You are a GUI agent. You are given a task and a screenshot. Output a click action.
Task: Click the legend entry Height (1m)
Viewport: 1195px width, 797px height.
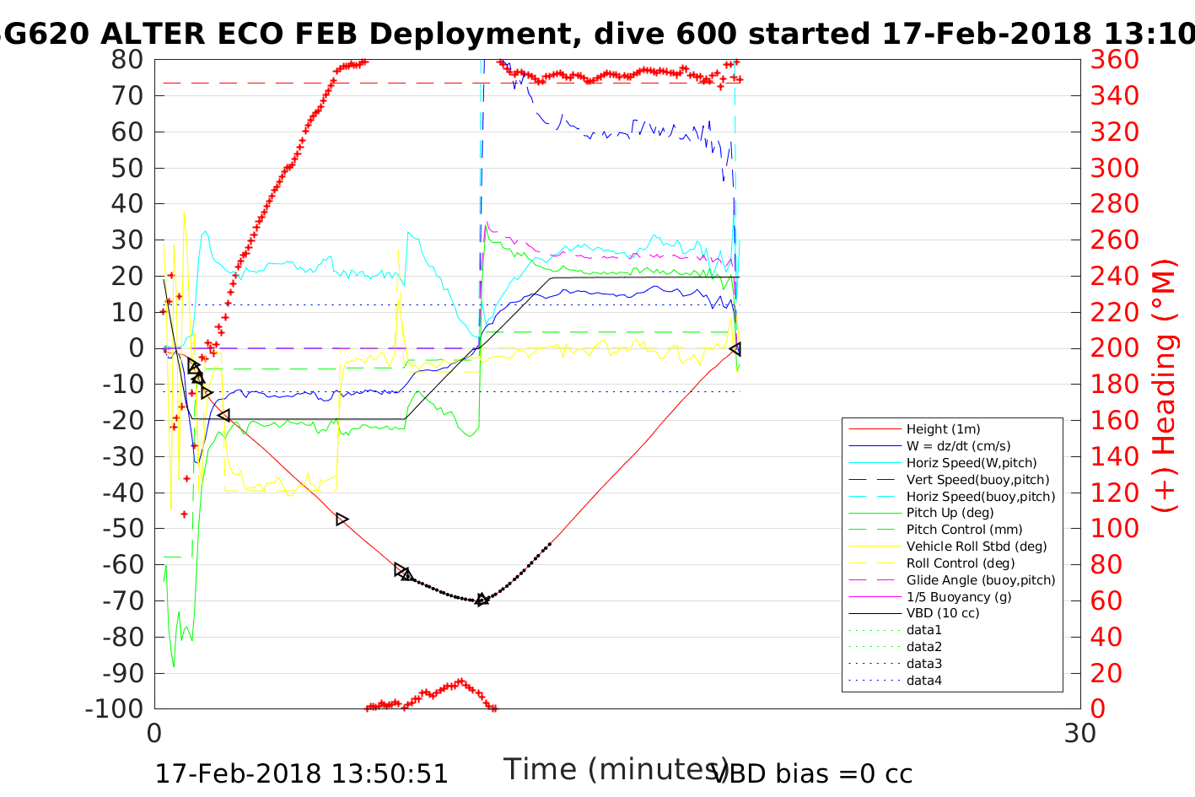pyautogui.click(x=943, y=429)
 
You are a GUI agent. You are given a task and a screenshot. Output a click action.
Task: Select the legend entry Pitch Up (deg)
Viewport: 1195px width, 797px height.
pyautogui.click(x=950, y=513)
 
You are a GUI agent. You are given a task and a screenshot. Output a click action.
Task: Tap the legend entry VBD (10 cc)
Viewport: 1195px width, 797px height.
pyautogui.click(x=943, y=613)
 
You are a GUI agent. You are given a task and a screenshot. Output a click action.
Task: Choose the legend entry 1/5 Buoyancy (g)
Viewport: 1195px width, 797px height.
pyautogui.click(x=959, y=596)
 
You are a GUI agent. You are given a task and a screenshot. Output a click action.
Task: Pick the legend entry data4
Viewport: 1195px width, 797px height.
pyautogui.click(x=923, y=681)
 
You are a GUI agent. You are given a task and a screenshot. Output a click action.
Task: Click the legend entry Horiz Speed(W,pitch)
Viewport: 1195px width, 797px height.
pyautogui.click(x=972, y=463)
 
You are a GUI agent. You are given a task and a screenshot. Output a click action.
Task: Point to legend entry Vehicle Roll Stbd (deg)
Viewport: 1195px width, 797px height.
pyautogui.click(x=977, y=547)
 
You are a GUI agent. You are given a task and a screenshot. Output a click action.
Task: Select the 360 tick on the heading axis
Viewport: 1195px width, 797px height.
pyautogui.click(x=1114, y=60)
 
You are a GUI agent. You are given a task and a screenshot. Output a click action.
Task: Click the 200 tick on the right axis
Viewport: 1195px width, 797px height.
pyautogui.click(x=1114, y=348)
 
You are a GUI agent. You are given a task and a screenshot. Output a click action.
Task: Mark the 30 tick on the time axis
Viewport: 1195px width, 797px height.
pyautogui.click(x=1080, y=733)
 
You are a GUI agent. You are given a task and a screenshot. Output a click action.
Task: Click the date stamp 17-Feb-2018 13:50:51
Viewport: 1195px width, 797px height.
pyautogui.click(x=301, y=773)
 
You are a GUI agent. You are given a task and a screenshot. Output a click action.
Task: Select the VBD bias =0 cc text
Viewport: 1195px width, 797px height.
pyautogui.click(x=813, y=773)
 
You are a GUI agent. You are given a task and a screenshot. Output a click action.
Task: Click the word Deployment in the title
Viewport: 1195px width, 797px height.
pyautogui.click(x=462, y=34)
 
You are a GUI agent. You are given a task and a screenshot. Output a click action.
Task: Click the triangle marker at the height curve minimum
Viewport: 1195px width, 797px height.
pyautogui.click(x=482, y=600)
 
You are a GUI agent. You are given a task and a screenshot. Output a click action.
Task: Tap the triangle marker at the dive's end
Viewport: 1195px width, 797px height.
pyautogui.click(x=735, y=348)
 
